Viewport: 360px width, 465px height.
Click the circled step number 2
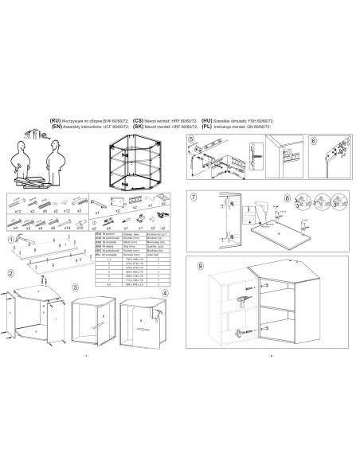point(10,273)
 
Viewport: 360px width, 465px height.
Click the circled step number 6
point(312,140)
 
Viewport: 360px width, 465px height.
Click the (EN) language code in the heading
point(55,126)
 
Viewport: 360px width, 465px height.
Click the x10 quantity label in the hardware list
point(80,228)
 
